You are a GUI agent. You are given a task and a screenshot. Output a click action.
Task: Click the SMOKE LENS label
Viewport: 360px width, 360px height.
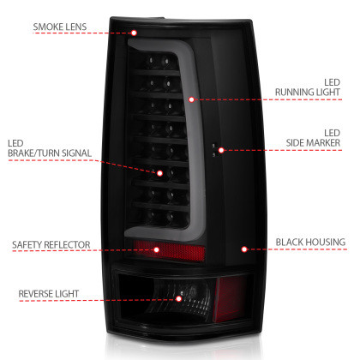click(x=61, y=26)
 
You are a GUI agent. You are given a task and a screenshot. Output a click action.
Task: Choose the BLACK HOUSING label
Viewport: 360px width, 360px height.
click(x=312, y=245)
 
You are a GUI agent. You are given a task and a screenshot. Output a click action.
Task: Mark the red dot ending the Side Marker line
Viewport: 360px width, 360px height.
click(x=221, y=150)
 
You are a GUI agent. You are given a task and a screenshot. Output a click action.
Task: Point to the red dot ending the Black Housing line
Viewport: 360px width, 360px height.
click(x=245, y=250)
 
